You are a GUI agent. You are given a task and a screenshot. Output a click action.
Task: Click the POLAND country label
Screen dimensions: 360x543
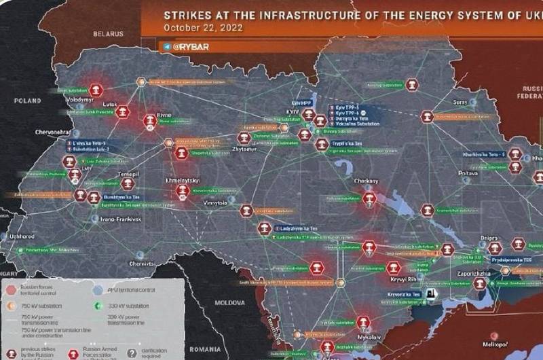pos(27,100)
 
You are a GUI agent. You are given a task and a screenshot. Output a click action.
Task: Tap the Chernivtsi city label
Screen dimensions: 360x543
pos(143,263)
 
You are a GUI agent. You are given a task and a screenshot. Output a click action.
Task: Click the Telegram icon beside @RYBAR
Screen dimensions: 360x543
pos(166,46)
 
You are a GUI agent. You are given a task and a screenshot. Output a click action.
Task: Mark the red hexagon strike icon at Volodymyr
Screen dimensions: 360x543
pos(97,89)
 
